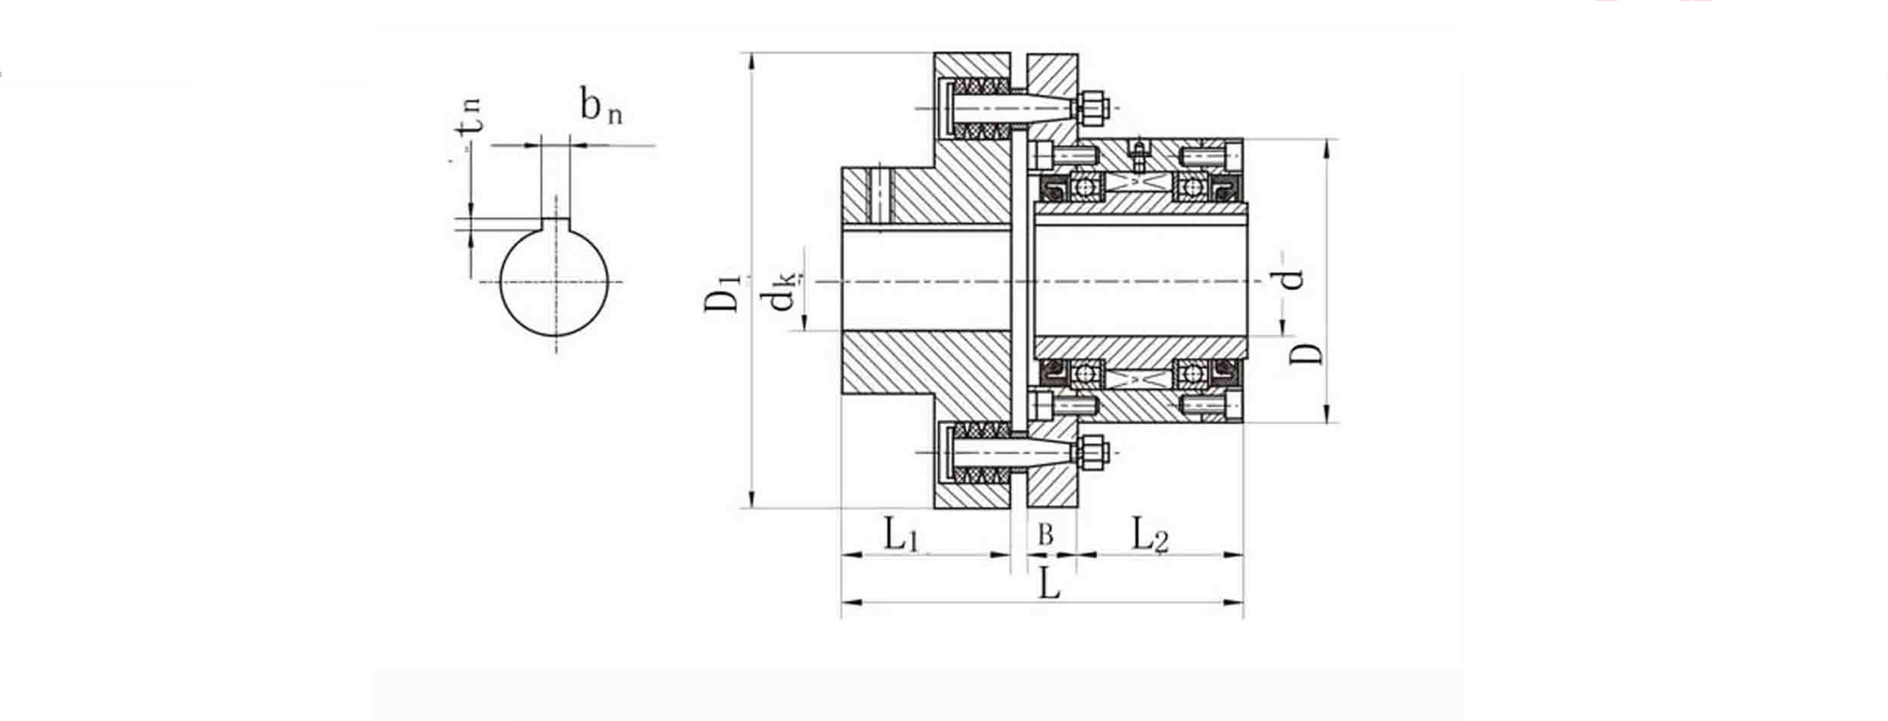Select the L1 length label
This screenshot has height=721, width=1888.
pos(901,534)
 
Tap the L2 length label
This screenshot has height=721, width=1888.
pos(1149,534)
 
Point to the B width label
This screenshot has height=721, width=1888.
pos(1046,536)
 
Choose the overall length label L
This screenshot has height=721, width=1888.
pos(1049,585)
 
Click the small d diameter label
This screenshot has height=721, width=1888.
pos(1292,280)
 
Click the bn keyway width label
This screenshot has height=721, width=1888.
pos(600,106)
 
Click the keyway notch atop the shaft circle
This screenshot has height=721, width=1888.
pos(555,225)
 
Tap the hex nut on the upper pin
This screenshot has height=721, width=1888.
pos(1093,109)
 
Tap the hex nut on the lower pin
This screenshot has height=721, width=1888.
pos(1093,452)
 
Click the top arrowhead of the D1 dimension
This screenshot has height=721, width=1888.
pos(751,61)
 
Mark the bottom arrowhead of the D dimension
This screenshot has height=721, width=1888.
pos(1327,414)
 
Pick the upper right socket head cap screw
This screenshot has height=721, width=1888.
pos(1211,158)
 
